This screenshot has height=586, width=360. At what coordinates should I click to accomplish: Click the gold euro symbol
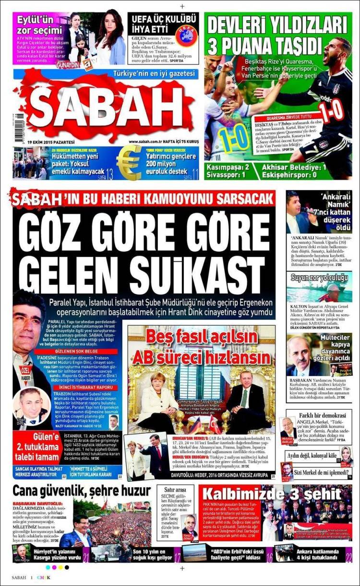click(129, 163)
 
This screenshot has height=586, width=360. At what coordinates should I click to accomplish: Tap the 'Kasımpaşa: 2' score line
click(227, 166)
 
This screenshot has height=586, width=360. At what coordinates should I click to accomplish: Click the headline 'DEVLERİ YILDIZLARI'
click(276, 24)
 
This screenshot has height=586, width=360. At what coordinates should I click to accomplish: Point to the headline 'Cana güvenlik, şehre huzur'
click(82, 491)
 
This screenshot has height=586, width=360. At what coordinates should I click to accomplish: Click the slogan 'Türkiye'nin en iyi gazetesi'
click(154, 73)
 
